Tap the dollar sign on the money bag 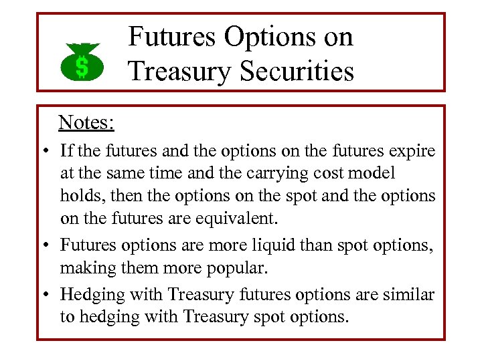[81, 67]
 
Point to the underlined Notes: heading [86, 122]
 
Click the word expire [410, 151]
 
